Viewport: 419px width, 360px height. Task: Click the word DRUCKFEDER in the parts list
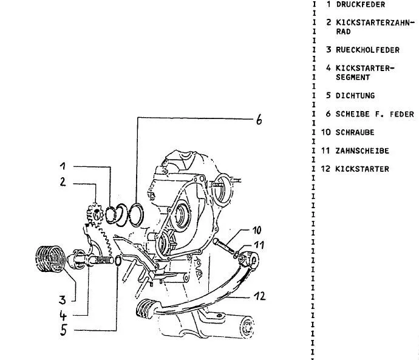(360, 4)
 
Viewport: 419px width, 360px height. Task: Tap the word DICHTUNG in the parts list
(355, 95)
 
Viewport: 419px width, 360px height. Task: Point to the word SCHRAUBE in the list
(355, 132)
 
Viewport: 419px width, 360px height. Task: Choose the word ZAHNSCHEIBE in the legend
(363, 151)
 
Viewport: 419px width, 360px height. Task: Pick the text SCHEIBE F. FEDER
(375, 114)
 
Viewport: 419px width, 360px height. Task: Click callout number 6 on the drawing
(258, 120)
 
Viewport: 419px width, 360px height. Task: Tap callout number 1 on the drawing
(63, 166)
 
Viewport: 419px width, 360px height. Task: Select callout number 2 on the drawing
(63, 182)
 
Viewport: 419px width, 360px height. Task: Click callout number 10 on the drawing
(257, 231)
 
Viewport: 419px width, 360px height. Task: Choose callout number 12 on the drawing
(260, 297)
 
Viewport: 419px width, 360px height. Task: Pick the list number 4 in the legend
(329, 68)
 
